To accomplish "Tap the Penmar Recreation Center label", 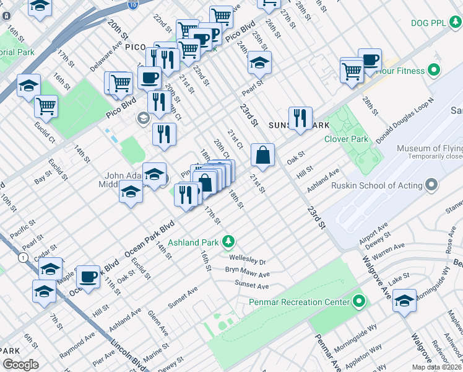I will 300,303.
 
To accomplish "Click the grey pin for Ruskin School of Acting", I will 431,185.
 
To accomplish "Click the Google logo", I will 20,365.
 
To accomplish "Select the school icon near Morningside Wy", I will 404,301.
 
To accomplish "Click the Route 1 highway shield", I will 23,257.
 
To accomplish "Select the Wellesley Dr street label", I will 247,261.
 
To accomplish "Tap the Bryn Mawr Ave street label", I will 248,273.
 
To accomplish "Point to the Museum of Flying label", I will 430,149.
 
